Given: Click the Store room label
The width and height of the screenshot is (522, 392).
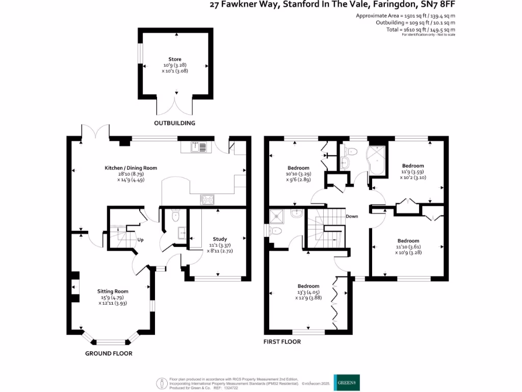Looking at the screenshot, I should pyautogui.click(x=175, y=59).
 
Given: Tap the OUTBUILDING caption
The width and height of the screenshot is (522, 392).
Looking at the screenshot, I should pyautogui.click(x=175, y=123).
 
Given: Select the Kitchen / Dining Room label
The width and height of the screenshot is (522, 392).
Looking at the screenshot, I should pyautogui.click(x=131, y=168).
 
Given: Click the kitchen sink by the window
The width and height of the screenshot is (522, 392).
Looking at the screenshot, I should pyautogui.click(x=198, y=147).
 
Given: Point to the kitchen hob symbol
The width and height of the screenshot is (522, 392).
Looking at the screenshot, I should pyautogui.click(x=207, y=200).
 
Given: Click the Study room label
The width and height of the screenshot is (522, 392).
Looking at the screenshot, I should pyautogui.click(x=220, y=239).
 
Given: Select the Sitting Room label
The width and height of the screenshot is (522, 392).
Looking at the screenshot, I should pyautogui.click(x=113, y=291).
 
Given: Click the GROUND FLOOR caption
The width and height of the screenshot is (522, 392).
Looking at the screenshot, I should pyautogui.click(x=109, y=353).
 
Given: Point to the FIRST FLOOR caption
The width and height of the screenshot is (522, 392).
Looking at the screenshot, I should pyautogui.click(x=282, y=341).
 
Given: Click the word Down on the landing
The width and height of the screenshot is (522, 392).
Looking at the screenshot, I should pyautogui.click(x=352, y=216).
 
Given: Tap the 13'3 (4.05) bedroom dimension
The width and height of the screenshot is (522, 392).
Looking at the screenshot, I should pyautogui.click(x=308, y=292).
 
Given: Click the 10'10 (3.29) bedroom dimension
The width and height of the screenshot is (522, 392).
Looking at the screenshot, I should pyautogui.click(x=298, y=174).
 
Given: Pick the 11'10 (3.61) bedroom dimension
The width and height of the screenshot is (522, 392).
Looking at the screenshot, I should pyautogui.click(x=408, y=247).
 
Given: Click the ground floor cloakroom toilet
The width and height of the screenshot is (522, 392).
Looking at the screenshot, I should pyautogui.click(x=176, y=216).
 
